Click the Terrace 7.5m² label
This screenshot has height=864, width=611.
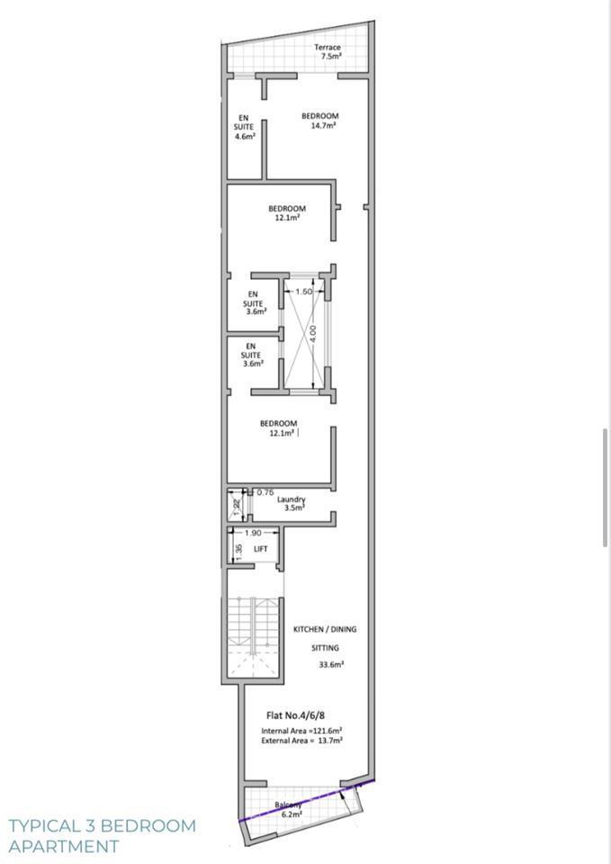tap(328, 52)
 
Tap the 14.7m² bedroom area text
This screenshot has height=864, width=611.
tap(323, 126)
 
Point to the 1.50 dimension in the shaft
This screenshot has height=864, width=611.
tap(304, 292)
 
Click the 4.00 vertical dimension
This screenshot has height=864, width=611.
tap(312, 333)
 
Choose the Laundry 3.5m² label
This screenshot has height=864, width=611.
tap(291, 504)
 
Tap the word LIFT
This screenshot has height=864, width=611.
tap(261, 549)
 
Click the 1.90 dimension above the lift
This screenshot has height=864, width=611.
tap(253, 533)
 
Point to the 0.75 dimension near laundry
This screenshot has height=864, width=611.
tap(265, 492)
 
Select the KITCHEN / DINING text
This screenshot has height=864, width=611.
tap(325, 629)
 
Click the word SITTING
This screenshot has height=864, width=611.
tap(325, 648)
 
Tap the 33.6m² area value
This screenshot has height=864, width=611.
tap(332, 664)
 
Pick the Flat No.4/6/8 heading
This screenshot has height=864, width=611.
tap(296, 715)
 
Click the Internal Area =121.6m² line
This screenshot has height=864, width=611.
tap(302, 731)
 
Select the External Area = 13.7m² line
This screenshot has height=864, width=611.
tap(302, 741)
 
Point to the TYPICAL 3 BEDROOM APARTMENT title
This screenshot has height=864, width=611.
tap(103, 836)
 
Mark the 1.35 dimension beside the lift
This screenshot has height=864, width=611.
tap(238, 552)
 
